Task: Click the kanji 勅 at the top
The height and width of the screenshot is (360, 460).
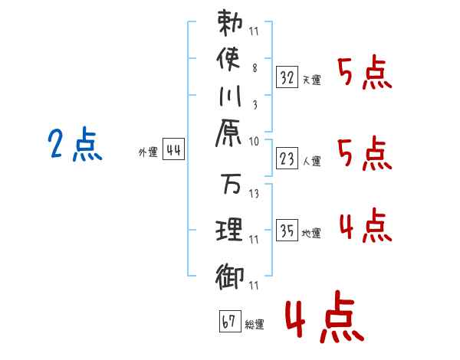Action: pyautogui.click(x=230, y=23)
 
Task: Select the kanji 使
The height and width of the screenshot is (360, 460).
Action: pyautogui.click(x=228, y=59)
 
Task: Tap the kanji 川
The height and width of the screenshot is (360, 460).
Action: pyautogui.click(x=230, y=96)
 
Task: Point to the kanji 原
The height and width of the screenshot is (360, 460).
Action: pyautogui.click(x=228, y=133)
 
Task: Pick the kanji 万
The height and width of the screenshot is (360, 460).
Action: pyautogui.click(x=231, y=184)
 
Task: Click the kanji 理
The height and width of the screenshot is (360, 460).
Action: pyautogui.click(x=229, y=229)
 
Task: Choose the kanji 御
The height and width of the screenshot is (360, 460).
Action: pyautogui.click(x=229, y=277)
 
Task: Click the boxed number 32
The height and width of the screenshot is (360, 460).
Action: pyautogui.click(x=287, y=77)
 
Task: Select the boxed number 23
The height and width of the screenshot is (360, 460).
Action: pyautogui.click(x=287, y=159)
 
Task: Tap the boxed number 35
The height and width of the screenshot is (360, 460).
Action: pyautogui.click(x=287, y=230)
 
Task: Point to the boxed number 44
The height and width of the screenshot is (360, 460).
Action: pyautogui.click(x=173, y=149)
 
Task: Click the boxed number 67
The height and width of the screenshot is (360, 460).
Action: pyautogui.click(x=230, y=321)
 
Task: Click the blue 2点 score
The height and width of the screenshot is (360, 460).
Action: pyautogui.click(x=75, y=145)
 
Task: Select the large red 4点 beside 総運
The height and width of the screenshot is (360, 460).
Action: pyautogui.click(x=325, y=316)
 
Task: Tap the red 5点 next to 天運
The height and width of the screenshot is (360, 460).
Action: pyautogui.click(x=365, y=73)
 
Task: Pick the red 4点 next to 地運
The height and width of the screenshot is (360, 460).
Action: pyautogui.click(x=366, y=225)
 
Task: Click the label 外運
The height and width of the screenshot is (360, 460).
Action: pyautogui.click(x=148, y=152)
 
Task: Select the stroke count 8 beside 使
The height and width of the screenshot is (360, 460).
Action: pyautogui.click(x=255, y=68)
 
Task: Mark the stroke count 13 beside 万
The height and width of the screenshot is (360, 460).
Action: pyautogui.click(x=254, y=194)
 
